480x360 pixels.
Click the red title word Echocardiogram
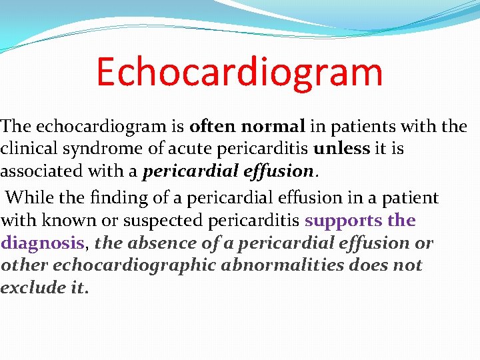click(x=239, y=72)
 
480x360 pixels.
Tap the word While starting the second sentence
click(x=27, y=198)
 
